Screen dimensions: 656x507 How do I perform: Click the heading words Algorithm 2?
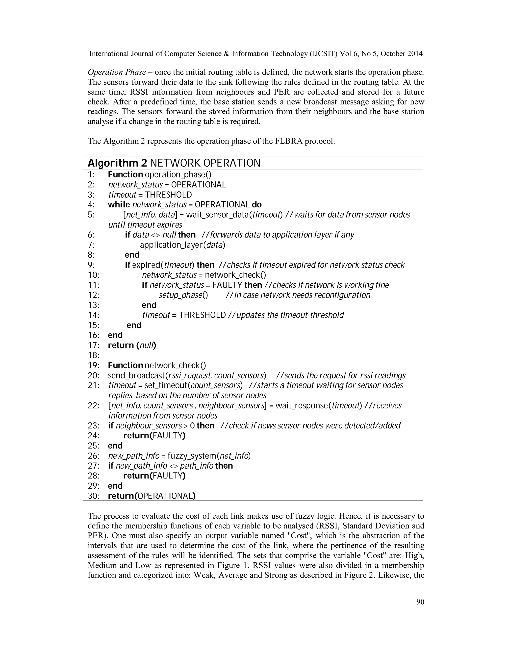pyautogui.click(x=117, y=163)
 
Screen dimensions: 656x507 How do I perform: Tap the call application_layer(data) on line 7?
pyautogui.click(x=182, y=245)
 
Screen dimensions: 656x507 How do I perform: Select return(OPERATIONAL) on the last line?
pyautogui.click(x=152, y=496)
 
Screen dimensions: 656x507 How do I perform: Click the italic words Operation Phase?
pyautogui.click(x=117, y=72)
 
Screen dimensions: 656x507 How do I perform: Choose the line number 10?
pyautogui.click(x=93, y=275)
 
